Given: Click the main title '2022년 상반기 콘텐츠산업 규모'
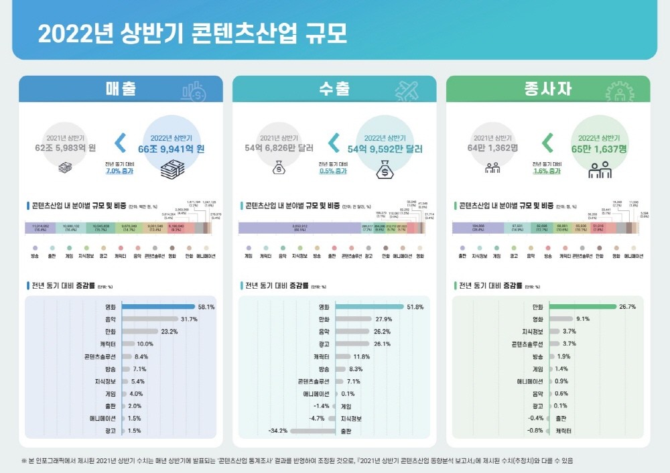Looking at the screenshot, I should pyautogui.click(x=193, y=34).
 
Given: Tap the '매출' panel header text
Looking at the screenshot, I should pyautogui.click(x=121, y=89).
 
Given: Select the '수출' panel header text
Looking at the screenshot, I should pyautogui.click(x=334, y=89).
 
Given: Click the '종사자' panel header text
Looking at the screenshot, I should pyautogui.click(x=547, y=89).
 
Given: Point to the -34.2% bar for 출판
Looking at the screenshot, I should pyautogui.click(x=312, y=431).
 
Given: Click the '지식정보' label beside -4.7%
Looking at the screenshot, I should pyautogui.click(x=352, y=419).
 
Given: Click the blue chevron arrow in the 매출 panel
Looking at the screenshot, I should pyautogui.click(x=121, y=143).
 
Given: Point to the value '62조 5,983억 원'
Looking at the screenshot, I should pyautogui.click(x=66, y=147).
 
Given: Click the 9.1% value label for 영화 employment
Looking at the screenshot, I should pyautogui.click(x=582, y=320).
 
